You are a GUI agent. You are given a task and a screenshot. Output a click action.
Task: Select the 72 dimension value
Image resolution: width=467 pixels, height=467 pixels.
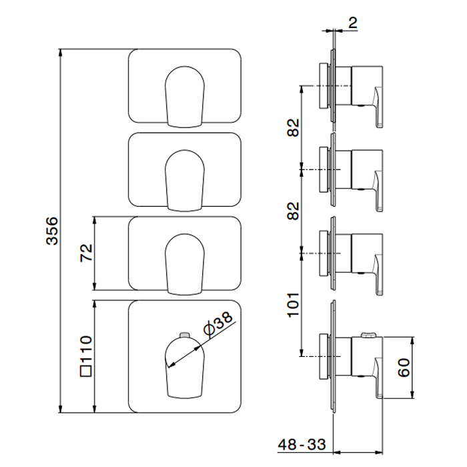(x=85, y=254)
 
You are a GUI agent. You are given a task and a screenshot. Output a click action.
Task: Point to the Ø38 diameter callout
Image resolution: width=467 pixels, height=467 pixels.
(x=218, y=323)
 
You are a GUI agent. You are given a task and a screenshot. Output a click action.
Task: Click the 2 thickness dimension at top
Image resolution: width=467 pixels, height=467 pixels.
(x=354, y=21)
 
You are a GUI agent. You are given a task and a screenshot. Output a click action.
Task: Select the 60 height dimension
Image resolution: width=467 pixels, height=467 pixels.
(x=403, y=368)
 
